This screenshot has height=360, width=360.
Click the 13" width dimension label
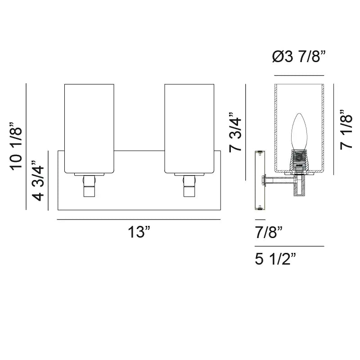[139, 233]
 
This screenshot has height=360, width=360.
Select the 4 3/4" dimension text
[39, 183]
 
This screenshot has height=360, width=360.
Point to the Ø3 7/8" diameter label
[299, 57]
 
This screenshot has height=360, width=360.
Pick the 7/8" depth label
[269, 233]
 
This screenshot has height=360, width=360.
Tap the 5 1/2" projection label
[276, 260]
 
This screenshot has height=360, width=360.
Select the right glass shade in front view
[189, 128]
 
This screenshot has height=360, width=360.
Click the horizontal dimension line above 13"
[139, 220]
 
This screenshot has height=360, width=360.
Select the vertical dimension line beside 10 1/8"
[27, 147]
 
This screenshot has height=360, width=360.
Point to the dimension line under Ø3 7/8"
[299, 75]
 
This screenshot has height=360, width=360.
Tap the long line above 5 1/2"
[289, 246]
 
